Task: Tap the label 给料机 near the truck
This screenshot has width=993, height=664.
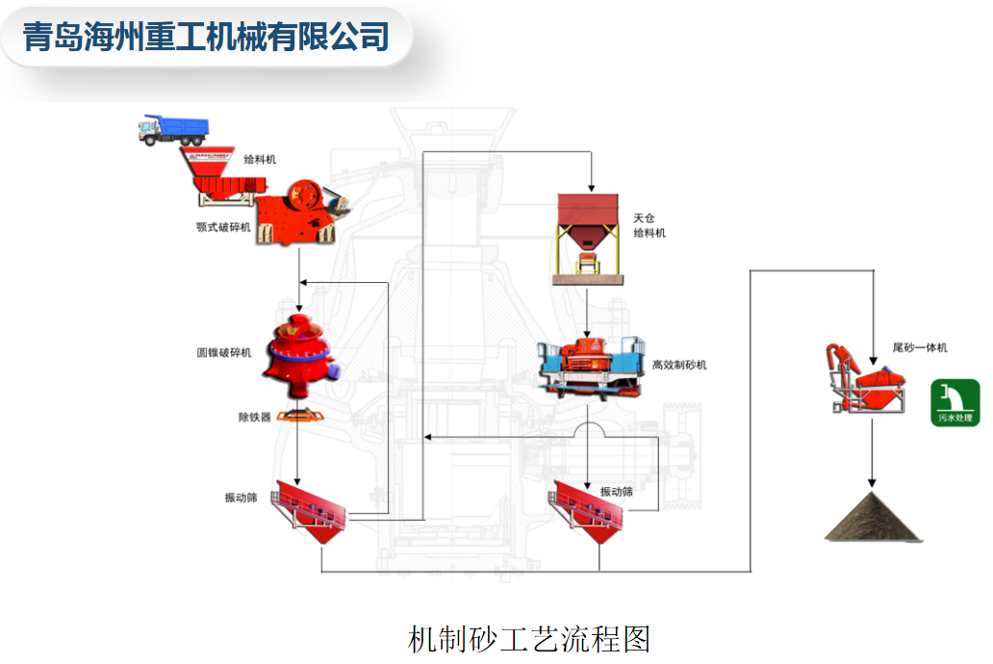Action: click(x=260, y=160)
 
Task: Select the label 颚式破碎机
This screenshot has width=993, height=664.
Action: click(x=223, y=226)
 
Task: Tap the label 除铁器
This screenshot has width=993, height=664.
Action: click(x=255, y=417)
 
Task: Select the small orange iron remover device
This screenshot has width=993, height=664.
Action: click(x=299, y=415)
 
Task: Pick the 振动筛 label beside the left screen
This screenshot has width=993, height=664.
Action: click(x=241, y=498)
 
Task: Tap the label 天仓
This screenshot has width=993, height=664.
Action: click(x=644, y=218)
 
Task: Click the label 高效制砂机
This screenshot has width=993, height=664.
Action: click(x=679, y=365)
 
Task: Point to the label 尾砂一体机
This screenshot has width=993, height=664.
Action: click(x=920, y=347)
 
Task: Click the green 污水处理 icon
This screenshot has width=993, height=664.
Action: click(x=955, y=402)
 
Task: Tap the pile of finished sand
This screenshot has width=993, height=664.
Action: click(x=873, y=519)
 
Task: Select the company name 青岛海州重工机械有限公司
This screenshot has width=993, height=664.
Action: click(x=206, y=37)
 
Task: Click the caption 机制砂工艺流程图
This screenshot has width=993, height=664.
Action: click(x=529, y=638)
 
